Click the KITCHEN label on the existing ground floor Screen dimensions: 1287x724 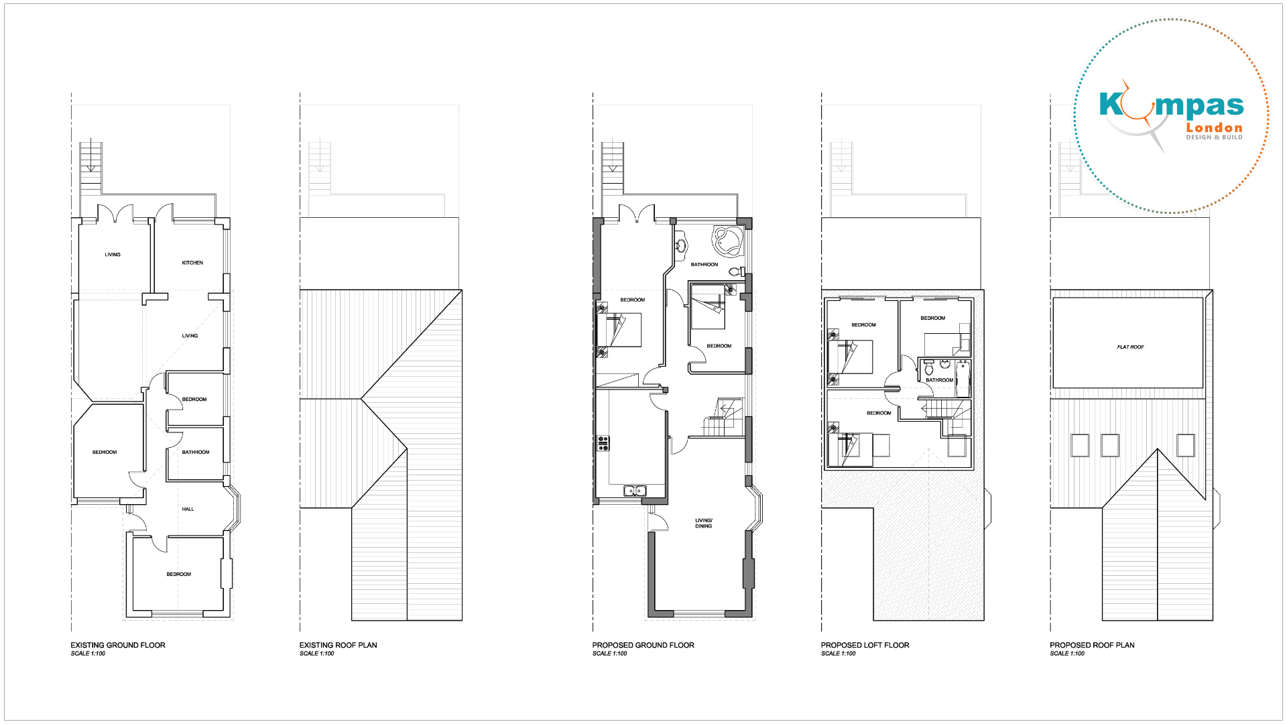pos(192,263)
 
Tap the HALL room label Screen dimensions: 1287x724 pos(188,509)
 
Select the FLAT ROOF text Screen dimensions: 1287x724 pos(1130,347)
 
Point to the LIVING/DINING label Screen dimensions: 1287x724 pos(704,524)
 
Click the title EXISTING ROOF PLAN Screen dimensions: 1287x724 pos(339,646)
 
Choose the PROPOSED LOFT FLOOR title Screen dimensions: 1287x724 pos(865,646)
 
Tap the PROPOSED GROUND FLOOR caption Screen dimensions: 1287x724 pos(643,646)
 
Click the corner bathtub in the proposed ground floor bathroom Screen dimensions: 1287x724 pos(728,241)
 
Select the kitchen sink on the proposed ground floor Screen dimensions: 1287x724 pos(635,491)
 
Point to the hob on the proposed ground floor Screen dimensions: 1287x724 pos(603,442)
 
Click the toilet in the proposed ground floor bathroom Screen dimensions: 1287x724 pos(736,271)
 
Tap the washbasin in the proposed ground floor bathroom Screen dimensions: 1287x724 pos(680,245)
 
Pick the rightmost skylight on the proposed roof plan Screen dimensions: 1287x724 pos(1186,446)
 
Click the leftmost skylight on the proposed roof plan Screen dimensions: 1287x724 pos(1080,446)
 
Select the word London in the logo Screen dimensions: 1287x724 pos(1214,127)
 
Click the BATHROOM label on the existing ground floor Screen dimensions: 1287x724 pos(196,452)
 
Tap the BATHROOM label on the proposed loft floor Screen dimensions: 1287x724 pos(939,380)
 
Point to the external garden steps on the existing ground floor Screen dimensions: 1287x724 pos(90,168)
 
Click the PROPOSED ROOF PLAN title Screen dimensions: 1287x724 pos(1092,646)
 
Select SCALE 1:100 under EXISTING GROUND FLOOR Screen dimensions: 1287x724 pos(88,654)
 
